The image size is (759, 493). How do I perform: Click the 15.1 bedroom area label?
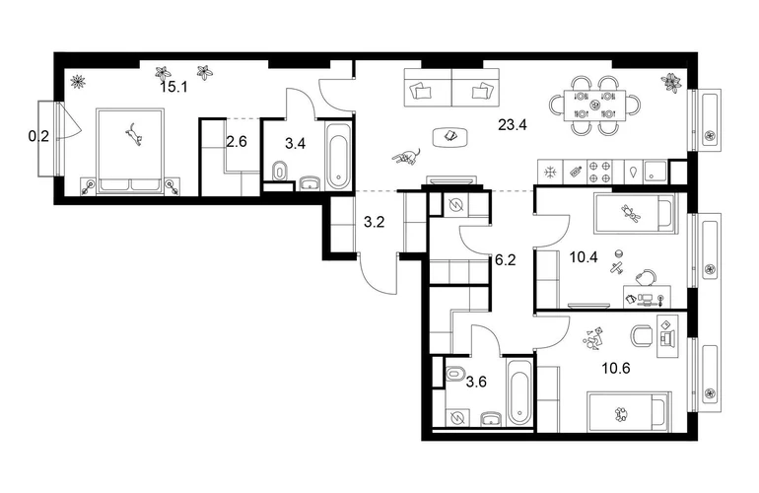coord(173,87)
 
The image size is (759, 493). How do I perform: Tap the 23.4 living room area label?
coord(513,125)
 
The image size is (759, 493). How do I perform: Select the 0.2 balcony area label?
coord(38,137)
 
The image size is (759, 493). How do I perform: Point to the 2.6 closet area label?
coord(237,142)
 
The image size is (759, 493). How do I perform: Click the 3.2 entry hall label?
coord(375,222)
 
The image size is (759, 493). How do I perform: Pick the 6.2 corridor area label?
coord(506,260)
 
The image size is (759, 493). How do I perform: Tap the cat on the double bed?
coord(134,134)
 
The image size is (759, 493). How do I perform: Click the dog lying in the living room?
coord(406,157)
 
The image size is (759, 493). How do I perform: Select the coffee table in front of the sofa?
coord(450,136)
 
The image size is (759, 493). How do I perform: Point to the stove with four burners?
coord(599,172)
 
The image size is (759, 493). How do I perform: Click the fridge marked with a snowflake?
coord(550,172)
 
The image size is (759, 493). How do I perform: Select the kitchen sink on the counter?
coord(655,172)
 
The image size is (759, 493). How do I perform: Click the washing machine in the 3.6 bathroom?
coord(457,417)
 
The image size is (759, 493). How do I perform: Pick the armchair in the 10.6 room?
coord(643,335)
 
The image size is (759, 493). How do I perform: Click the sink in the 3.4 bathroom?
coord(310,183)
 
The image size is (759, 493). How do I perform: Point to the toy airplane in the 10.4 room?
coord(616,269)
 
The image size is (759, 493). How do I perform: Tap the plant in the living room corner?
coord(671,82)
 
